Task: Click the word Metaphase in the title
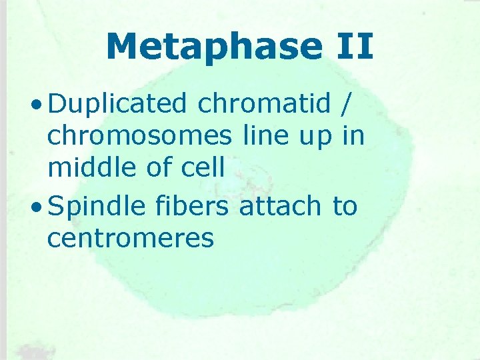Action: pyautogui.click(x=214, y=47)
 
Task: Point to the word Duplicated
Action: pyautogui.click(x=118, y=104)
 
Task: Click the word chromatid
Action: pyautogui.click(x=265, y=104)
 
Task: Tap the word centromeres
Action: pyautogui.click(x=131, y=238)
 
